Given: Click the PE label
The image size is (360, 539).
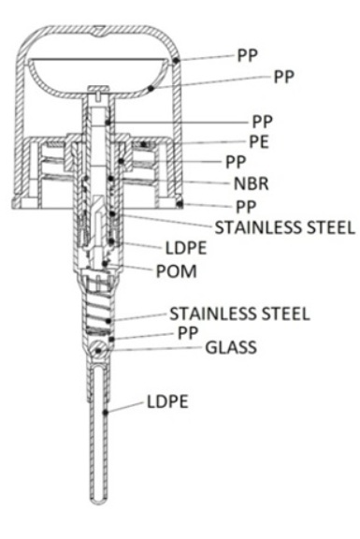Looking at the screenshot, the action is (259, 141).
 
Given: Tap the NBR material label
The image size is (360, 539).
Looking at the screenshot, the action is (252, 183).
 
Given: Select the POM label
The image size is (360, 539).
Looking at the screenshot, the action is (177, 271).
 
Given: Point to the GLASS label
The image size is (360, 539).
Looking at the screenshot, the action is (231, 347).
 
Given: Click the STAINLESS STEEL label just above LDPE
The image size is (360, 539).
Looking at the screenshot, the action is (285, 227).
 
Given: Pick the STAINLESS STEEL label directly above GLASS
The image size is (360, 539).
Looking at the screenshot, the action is (239, 313).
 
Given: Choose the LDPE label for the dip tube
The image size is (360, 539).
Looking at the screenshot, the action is (167, 401).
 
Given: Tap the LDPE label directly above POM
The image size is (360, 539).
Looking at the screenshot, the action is (186, 248).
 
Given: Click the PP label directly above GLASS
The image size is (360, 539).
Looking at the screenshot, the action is (188, 333).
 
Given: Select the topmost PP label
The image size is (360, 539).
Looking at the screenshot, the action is (248, 55).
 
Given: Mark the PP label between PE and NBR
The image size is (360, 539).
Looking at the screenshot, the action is (236, 162).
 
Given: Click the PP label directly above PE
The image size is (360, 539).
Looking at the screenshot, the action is (263, 122).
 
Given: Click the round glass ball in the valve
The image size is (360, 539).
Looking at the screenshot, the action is (98, 350).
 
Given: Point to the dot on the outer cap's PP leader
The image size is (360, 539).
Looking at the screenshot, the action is (176, 61).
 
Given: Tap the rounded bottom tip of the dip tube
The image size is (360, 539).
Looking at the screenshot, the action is (98, 503).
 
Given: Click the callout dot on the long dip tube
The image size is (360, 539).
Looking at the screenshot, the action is (106, 412).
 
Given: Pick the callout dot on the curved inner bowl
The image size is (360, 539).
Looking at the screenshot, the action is (151, 89).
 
